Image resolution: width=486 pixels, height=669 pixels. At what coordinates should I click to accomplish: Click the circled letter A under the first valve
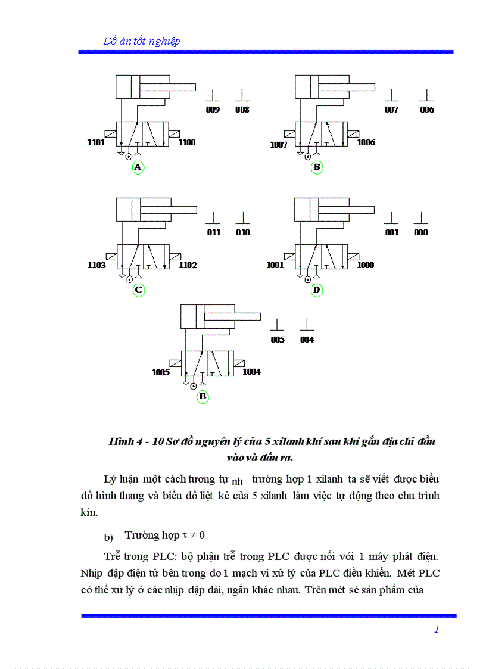click(138, 167)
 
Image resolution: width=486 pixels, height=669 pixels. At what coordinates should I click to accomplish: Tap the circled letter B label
click(317, 167)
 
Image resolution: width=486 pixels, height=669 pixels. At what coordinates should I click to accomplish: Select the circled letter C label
click(138, 290)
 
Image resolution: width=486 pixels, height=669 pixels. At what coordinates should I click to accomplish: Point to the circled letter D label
click(317, 290)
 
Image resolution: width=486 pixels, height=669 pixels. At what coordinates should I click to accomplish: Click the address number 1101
click(96, 143)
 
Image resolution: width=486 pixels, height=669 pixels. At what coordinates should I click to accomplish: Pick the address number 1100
click(186, 143)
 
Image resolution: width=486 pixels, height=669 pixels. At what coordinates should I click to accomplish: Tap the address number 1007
click(279, 145)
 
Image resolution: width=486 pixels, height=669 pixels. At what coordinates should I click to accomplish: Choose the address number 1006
click(366, 143)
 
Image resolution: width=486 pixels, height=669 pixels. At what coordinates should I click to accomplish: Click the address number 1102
click(188, 266)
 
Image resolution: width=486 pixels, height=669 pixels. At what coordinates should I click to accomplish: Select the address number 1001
click(275, 266)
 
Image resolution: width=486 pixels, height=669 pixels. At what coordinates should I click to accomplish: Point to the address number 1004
click(251, 372)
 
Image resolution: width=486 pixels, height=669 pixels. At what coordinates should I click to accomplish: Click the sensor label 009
click(213, 110)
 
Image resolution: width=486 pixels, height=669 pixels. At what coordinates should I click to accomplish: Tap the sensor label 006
click(427, 110)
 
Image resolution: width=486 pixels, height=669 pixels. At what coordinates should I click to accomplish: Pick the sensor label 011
click(214, 233)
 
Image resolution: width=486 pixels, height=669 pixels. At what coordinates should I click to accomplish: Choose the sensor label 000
click(421, 233)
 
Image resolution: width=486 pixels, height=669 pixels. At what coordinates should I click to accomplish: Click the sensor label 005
click(278, 340)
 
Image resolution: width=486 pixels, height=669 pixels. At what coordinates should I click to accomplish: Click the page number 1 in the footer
click(437, 630)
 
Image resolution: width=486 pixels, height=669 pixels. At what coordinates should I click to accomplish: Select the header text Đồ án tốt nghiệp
click(142, 41)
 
